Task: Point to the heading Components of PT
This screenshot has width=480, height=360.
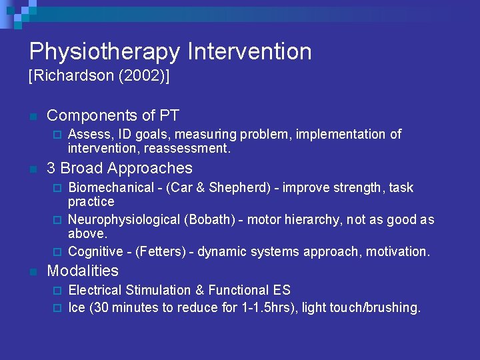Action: (113, 115)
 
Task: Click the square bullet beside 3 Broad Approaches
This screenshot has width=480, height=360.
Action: (32, 169)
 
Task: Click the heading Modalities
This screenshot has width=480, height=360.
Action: (83, 271)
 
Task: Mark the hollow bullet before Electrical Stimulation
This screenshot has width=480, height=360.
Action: (57, 291)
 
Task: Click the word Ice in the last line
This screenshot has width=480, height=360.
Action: (77, 308)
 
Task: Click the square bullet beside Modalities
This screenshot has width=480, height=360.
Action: (32, 272)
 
